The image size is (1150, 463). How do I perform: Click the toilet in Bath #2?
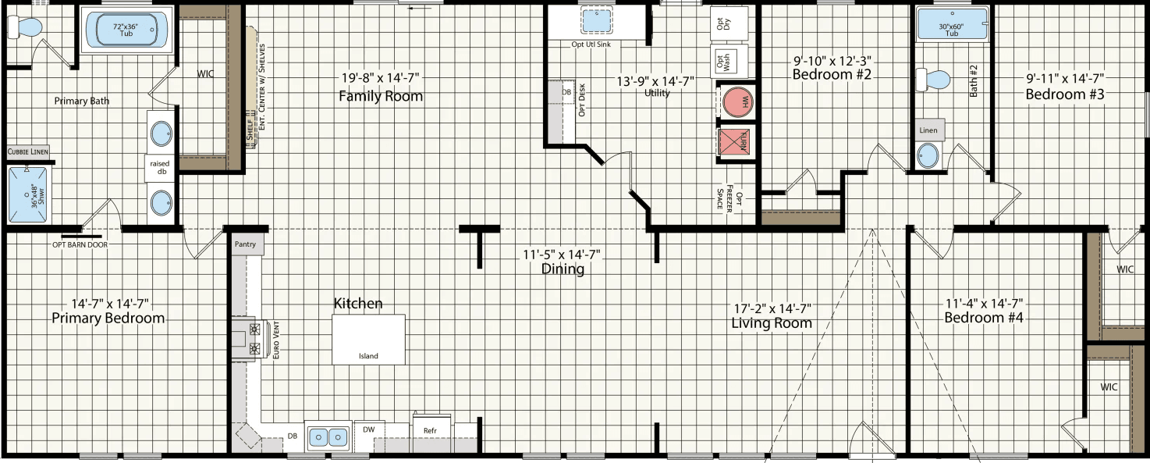point(934,80)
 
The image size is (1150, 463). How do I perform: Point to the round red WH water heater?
point(736,102)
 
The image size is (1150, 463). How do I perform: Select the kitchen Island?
point(368,339)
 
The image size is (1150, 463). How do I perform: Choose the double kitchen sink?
point(328,436)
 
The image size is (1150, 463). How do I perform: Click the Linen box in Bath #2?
point(928,130)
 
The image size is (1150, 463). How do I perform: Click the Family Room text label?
point(381,96)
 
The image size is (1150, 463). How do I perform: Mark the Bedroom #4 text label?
point(983,318)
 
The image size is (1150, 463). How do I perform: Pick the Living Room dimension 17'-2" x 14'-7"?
point(771,308)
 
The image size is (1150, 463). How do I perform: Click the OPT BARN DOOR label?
point(80,244)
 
